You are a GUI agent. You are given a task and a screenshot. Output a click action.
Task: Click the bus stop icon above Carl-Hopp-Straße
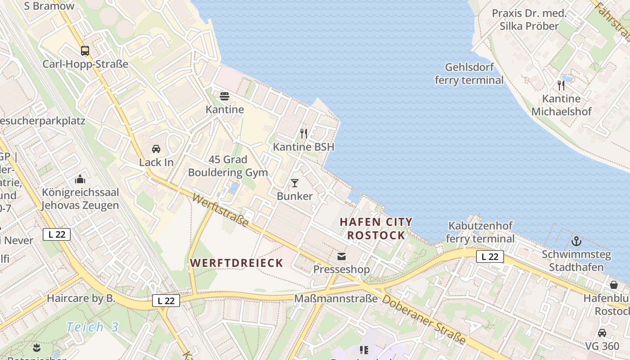pos(85,50)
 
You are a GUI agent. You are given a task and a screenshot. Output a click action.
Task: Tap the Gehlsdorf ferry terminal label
pos(469,74)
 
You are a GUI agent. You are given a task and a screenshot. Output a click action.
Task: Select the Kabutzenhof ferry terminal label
pos(481,232)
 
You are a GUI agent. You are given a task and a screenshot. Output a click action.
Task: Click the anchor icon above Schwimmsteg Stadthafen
pos(576,241)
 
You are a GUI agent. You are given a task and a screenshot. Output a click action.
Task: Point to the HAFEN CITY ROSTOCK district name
pos(376,229)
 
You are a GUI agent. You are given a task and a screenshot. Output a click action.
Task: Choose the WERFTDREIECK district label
pos(236,263)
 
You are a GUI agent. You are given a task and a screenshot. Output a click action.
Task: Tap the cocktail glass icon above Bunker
pos(295,183)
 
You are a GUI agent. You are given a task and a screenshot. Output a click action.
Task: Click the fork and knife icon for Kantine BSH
pos(304,134)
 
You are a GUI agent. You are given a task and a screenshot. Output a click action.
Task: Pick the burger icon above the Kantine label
pos(225,96)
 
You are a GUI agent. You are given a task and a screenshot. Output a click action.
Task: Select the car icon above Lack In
pos(156,149)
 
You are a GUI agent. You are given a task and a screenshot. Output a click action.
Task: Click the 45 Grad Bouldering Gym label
pos(228,166)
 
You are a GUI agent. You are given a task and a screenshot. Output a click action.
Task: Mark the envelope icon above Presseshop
pos(342,256)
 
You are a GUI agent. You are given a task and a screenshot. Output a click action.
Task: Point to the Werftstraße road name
pos(220,210)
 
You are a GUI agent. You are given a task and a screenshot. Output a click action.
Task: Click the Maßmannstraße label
pos(335,298)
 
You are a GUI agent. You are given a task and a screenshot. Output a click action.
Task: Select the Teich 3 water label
pos(92,327)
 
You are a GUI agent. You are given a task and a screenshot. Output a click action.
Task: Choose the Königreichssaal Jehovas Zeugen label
pos(80,199)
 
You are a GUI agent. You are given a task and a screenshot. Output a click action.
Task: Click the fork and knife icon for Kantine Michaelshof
pos(561,85)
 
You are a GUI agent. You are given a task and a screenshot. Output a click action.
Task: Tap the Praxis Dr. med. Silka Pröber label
pos(528,19)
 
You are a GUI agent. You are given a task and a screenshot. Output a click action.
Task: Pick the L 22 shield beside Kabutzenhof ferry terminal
pos(490,256)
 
